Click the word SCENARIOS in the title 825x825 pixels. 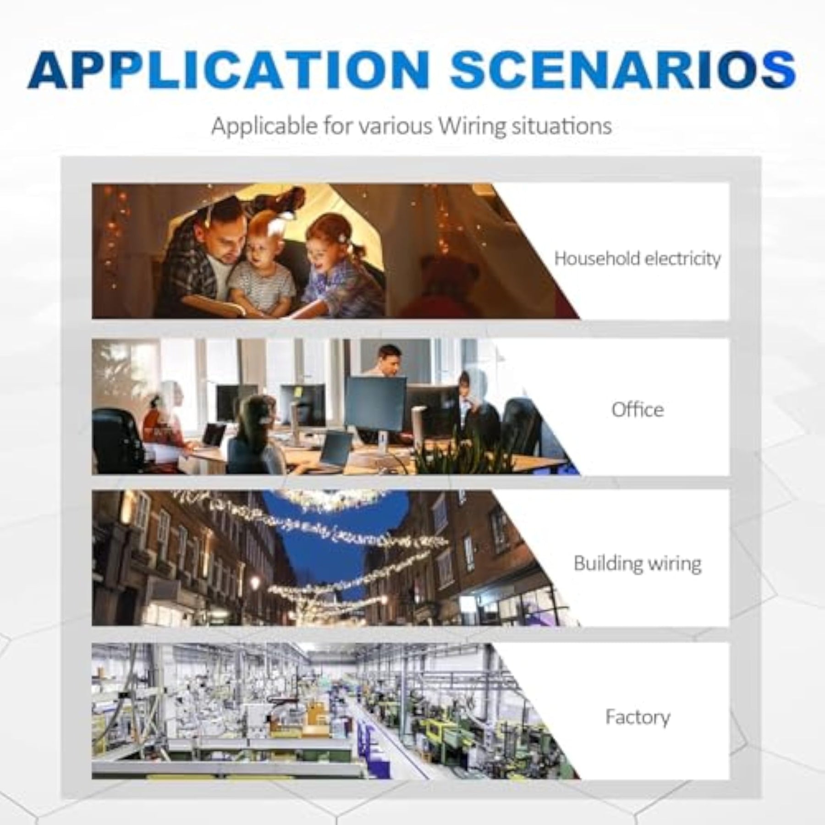623,70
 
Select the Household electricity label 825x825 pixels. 637,259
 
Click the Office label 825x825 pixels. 637,409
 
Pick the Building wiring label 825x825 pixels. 637,563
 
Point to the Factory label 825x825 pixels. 637,717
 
